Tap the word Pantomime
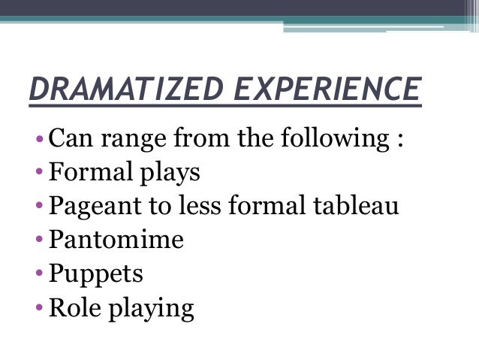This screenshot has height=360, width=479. (x=116, y=241)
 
